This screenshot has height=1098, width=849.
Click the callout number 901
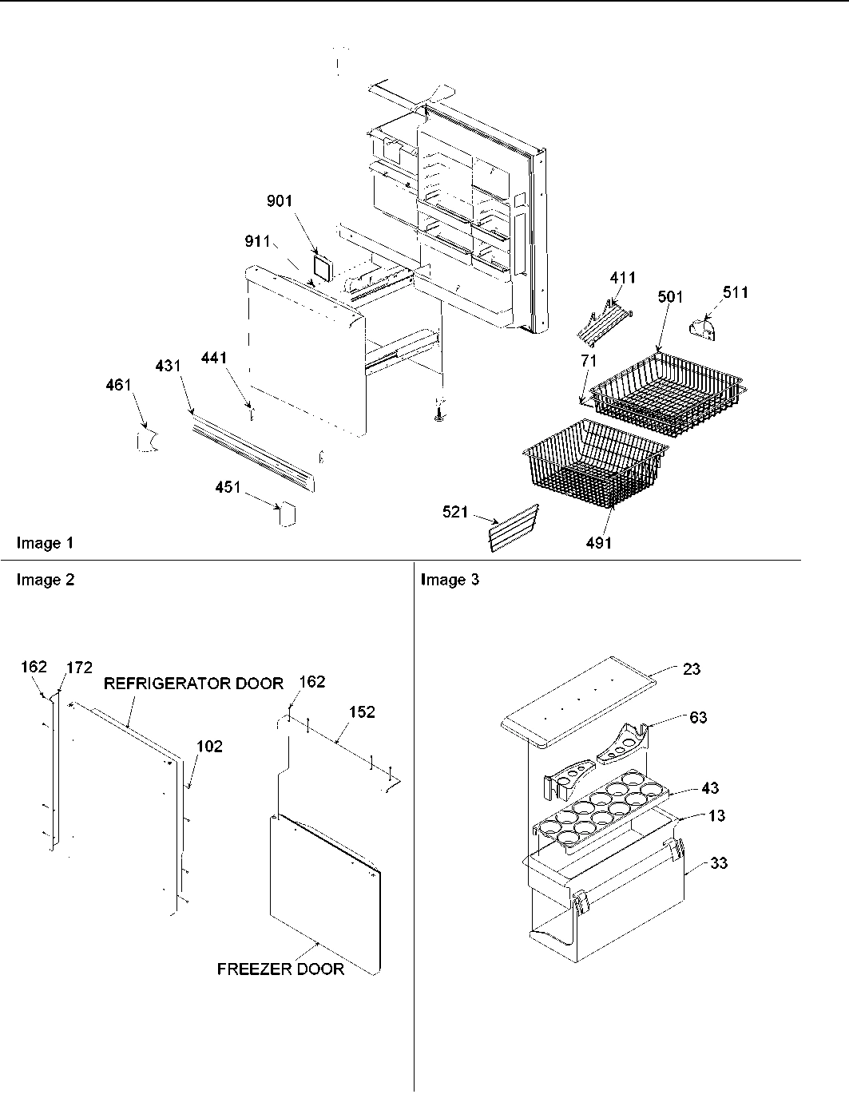point(280,201)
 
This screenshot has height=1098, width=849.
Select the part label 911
point(257,240)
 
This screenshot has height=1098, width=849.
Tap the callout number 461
point(117,386)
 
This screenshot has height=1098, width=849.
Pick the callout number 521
point(455,512)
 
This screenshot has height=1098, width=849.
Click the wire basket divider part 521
point(512,528)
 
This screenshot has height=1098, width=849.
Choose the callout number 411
point(623,277)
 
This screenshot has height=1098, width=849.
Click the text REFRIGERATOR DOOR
point(193,684)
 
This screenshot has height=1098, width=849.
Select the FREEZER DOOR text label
point(280,969)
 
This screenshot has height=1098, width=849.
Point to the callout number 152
point(362,712)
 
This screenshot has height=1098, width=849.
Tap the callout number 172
point(80,667)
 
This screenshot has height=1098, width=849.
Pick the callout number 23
point(692,668)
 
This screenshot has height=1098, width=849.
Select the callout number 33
point(719,863)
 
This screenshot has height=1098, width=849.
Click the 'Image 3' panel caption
point(450,580)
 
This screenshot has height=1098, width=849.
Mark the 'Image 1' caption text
point(46,543)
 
